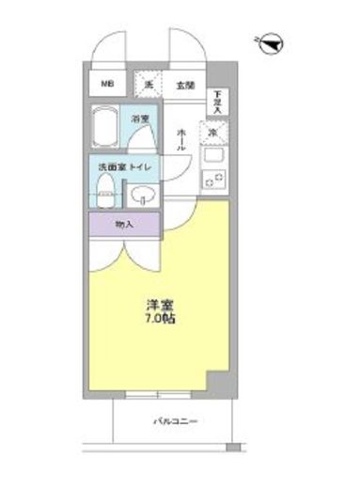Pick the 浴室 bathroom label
click(x=140, y=120)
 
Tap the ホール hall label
click(x=181, y=141)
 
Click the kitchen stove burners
click(x=212, y=179)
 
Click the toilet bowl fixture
click(x=107, y=190)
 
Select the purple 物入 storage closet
click(x=124, y=225)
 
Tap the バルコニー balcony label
click(x=176, y=422)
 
